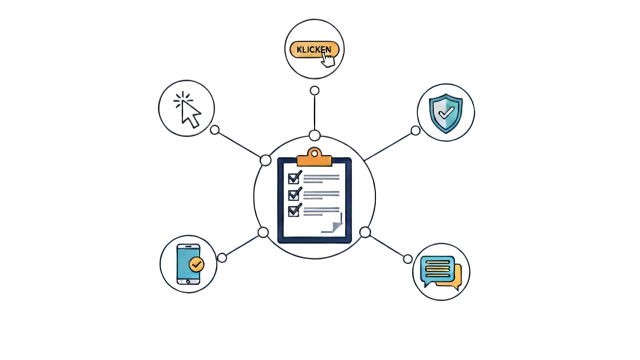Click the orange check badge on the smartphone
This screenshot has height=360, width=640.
(196, 264)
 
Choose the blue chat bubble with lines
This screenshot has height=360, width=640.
(437, 269)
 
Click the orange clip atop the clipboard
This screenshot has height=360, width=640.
(314, 156)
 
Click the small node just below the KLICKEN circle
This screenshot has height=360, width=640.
(314, 90)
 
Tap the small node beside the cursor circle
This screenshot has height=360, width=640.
(214, 129)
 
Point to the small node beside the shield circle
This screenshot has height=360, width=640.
(415, 130)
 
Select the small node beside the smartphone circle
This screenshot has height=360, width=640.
(222, 258)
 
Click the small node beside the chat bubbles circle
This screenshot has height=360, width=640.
(407, 258)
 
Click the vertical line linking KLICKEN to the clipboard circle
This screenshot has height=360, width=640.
(314, 112)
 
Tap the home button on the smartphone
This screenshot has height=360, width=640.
(188, 281)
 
